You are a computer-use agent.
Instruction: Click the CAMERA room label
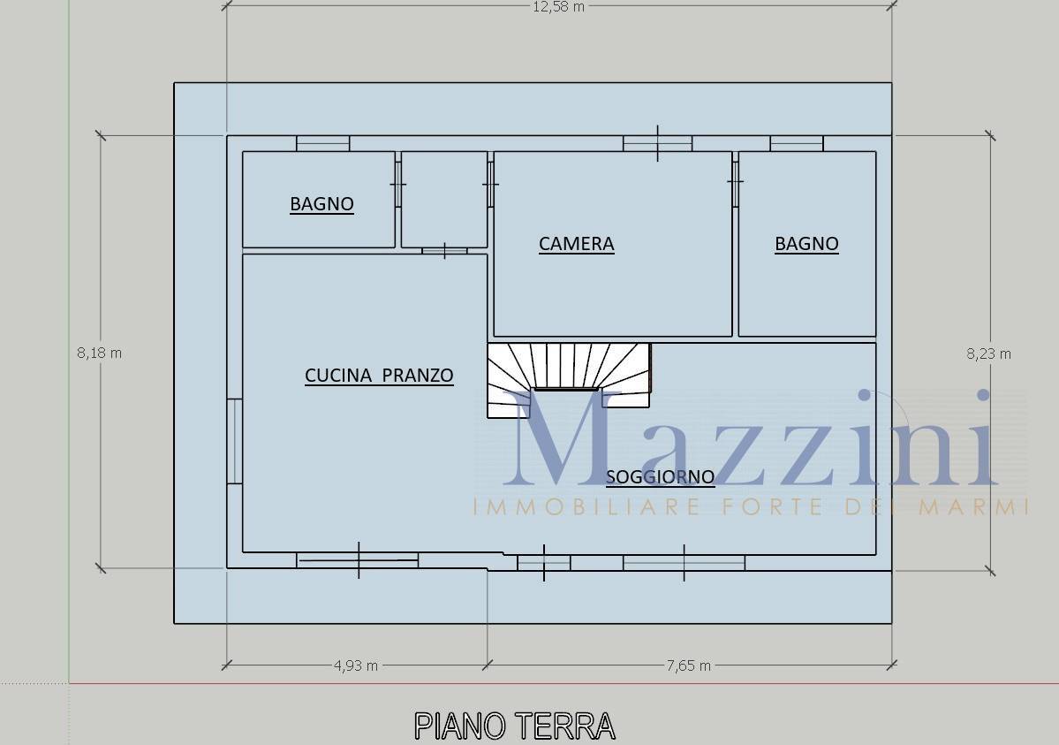pos(576,244)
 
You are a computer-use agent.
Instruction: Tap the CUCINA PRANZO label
pos(379,376)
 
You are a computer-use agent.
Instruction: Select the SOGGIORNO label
pos(660,477)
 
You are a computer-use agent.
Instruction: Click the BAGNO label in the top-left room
pos(321,204)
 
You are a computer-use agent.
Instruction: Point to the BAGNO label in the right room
pos(806,244)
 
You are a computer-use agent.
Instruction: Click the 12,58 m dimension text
pos(558,7)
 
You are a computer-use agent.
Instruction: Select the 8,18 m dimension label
pos(99,353)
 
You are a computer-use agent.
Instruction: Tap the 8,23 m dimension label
pos(988,353)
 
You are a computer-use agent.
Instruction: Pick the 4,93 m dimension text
pos(356,665)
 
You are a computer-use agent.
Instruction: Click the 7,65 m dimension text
pos(688,665)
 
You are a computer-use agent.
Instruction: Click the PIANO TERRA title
pos(515,726)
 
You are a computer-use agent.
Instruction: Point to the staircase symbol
pos(569,379)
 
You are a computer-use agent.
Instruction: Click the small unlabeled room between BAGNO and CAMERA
pos(443,200)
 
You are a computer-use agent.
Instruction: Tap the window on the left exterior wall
pos(234,442)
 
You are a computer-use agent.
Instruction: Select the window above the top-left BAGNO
pos(323,143)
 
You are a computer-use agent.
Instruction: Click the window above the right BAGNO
pos(797,143)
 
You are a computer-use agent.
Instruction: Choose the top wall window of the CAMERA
pos(658,143)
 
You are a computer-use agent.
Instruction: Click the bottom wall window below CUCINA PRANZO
pos(358,559)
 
